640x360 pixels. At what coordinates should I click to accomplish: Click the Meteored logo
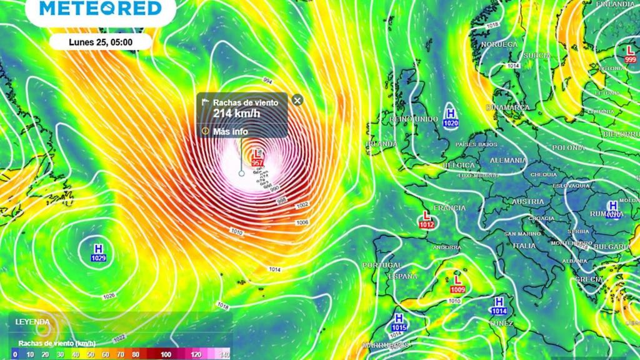click(x=100, y=9)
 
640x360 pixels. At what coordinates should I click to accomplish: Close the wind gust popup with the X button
click(x=297, y=100)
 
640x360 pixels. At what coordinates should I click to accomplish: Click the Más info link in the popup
click(x=230, y=131)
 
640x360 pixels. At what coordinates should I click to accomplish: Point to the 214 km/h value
click(x=236, y=113)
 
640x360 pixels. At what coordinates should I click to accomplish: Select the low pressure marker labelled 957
click(x=257, y=157)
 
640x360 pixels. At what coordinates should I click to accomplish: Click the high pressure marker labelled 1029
click(x=98, y=251)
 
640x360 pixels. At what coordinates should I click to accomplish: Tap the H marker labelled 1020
click(x=451, y=117)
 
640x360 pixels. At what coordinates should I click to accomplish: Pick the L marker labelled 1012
click(x=427, y=219)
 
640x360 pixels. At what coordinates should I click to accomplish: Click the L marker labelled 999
click(x=630, y=53)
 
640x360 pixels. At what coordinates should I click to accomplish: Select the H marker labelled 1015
click(x=399, y=321)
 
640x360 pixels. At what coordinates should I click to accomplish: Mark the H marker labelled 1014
click(x=498, y=306)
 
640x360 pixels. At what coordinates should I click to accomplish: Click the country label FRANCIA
click(x=449, y=207)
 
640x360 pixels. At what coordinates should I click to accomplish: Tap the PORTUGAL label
click(x=381, y=265)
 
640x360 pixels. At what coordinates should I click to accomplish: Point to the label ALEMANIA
click(x=508, y=161)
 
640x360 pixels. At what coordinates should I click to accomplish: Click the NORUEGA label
click(x=499, y=44)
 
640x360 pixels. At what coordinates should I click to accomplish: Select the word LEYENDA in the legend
click(x=32, y=322)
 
